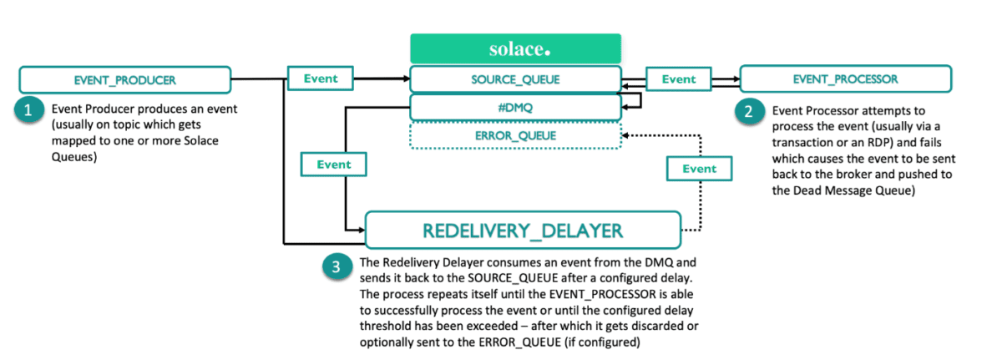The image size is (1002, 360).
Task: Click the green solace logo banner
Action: tap(514, 48)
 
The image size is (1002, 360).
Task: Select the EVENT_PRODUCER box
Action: tap(124, 80)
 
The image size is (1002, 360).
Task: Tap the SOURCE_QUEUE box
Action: tap(514, 79)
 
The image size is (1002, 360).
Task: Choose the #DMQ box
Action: tap(514, 107)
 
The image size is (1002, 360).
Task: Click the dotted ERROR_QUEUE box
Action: tap(514, 134)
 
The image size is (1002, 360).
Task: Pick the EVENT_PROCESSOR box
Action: tap(846, 79)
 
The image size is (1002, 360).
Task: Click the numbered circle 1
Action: tap(30, 109)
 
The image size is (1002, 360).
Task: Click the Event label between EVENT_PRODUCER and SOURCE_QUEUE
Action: tap(321, 79)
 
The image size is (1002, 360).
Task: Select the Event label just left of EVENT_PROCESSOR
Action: tap(678, 79)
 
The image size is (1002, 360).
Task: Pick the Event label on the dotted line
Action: tap(699, 169)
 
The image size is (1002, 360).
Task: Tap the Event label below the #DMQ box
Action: tap(334, 165)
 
